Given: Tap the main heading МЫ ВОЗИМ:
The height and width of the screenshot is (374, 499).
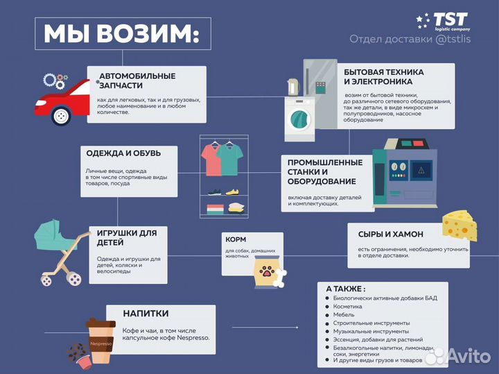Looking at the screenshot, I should click(122, 34).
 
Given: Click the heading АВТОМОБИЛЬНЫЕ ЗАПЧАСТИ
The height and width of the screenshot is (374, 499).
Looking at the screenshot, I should click(137, 80).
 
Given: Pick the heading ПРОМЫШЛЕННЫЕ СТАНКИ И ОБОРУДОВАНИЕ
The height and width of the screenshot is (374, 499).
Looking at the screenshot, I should click(325, 171).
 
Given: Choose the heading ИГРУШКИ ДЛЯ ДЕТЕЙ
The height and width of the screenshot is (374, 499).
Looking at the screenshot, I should click(127, 237).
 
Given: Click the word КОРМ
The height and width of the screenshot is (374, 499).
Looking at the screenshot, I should click(236, 239).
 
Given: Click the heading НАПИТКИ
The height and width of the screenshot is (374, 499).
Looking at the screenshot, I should click(146, 314).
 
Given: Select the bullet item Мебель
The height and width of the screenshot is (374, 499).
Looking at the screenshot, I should click(345, 314).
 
